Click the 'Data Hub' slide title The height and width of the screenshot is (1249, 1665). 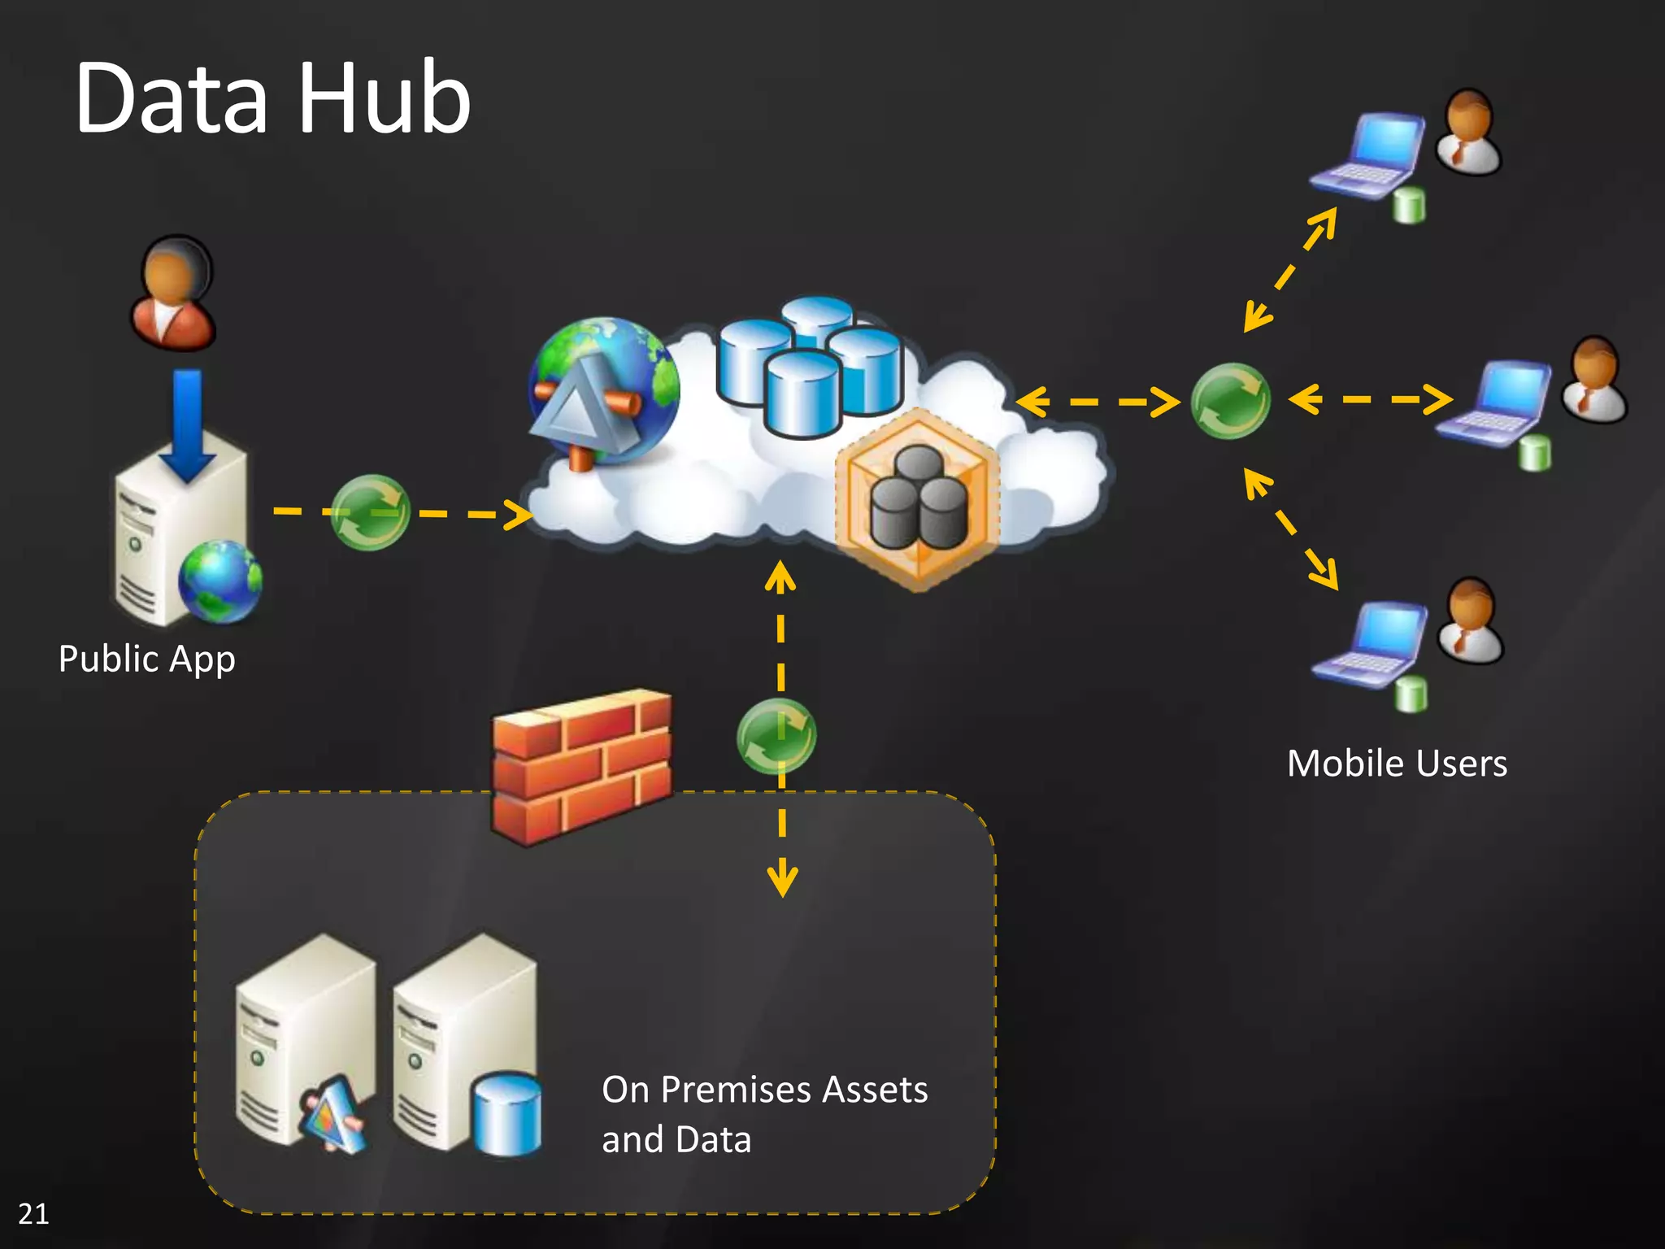tap(272, 98)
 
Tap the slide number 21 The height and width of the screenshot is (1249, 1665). tap(33, 1213)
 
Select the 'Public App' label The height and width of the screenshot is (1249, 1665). tap(147, 659)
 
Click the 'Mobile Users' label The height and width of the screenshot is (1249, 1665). tap(1397, 764)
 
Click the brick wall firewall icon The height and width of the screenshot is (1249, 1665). tap(582, 766)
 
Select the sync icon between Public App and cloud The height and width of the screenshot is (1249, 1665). tap(370, 512)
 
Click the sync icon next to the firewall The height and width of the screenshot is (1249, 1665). tap(776, 736)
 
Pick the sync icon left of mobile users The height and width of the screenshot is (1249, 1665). tap(1230, 401)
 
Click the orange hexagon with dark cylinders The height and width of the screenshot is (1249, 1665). tap(918, 498)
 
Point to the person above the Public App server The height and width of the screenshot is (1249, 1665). tap(174, 294)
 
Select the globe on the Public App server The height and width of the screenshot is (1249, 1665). tap(220, 581)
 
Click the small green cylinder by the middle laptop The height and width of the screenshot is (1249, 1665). tap(1535, 452)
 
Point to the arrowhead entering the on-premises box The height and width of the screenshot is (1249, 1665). tap(782, 882)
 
